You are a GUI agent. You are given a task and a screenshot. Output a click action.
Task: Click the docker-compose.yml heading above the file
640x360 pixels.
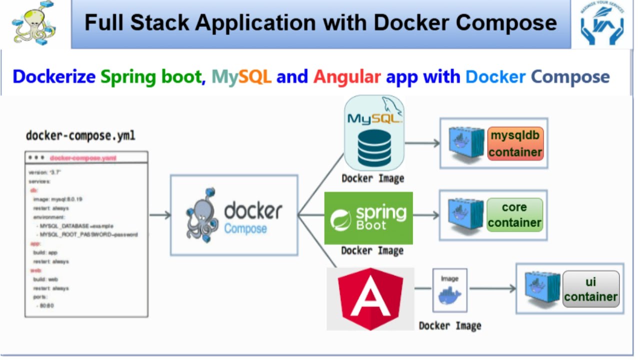coord(80,135)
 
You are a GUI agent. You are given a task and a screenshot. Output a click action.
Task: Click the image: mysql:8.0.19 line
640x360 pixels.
coord(58,199)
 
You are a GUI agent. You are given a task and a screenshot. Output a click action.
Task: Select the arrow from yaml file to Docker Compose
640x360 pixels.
coord(160,215)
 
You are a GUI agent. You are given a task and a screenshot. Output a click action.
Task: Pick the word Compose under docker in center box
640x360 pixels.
coord(245,229)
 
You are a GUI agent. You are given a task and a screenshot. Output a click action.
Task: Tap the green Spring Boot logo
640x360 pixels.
coord(368,217)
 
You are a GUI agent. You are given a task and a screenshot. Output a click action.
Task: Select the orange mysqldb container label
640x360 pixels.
coord(515,143)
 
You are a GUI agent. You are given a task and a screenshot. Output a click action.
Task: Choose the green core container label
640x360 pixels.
coord(514,214)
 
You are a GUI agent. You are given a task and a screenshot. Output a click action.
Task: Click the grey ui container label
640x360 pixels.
coord(591,289)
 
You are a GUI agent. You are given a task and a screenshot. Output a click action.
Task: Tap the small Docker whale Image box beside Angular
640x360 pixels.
coord(450,290)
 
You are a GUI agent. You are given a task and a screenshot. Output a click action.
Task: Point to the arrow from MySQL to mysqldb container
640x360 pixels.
coord(422,143)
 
